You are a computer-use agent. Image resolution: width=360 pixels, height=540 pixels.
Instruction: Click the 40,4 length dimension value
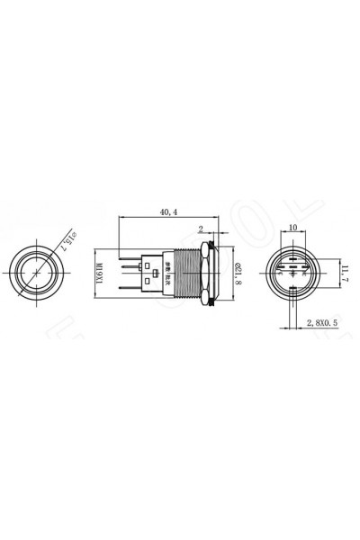168,211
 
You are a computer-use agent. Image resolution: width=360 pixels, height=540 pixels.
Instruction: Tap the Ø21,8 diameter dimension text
237,271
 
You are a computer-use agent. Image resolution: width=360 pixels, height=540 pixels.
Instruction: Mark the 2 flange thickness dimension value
201,229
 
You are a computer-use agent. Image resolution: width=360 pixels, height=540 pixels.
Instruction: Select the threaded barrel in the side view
184,271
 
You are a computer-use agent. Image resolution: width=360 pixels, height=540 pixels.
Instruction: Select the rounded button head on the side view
216,271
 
